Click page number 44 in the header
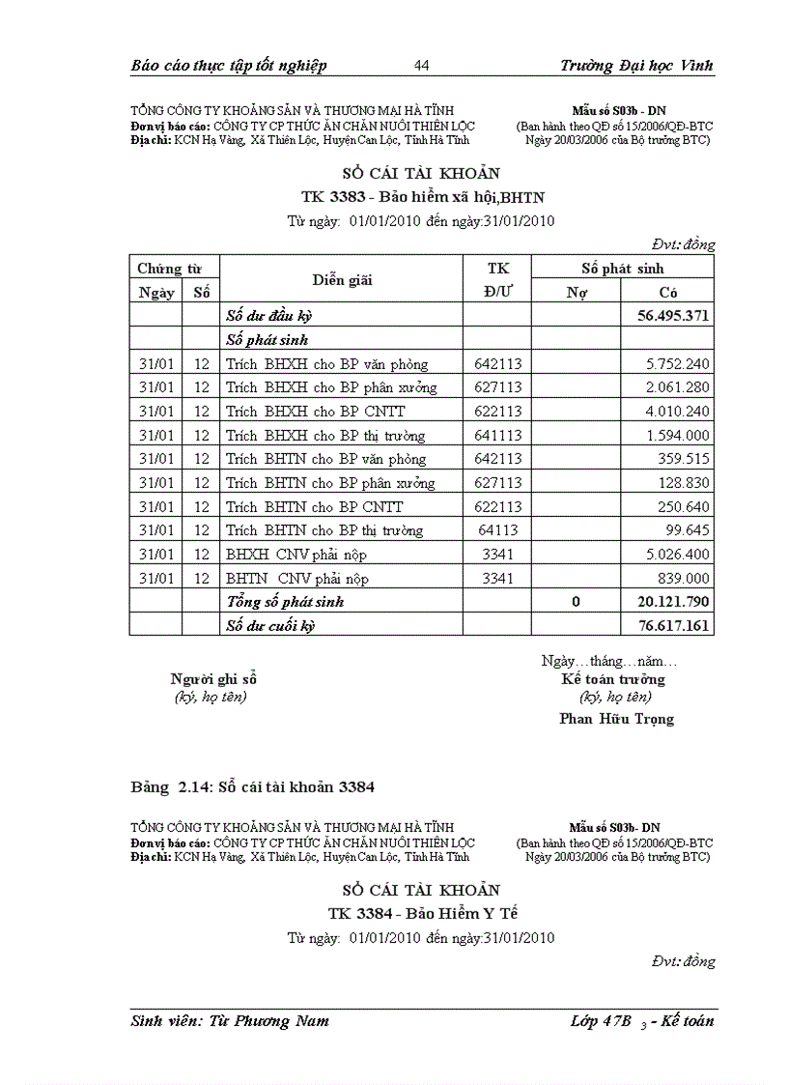point(421,66)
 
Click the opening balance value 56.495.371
point(674,316)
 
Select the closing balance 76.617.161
point(674,625)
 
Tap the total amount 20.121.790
point(674,602)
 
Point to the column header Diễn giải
point(342,280)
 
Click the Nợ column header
point(576,292)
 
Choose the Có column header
point(667,292)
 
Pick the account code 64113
point(497,530)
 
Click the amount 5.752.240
point(678,364)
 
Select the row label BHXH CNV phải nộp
point(296,555)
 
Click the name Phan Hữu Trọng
point(616,719)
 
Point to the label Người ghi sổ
point(213,678)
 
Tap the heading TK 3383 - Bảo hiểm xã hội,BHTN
point(423,197)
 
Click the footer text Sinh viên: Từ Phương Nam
point(230,1020)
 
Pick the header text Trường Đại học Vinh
point(636,66)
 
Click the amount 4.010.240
point(678,412)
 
